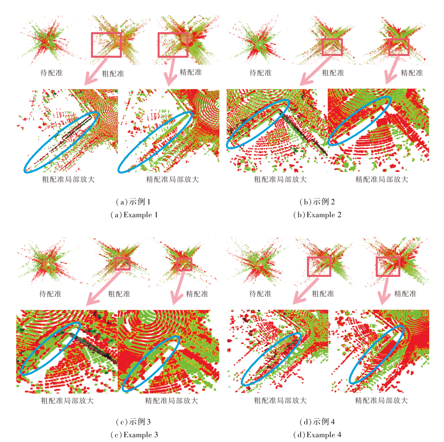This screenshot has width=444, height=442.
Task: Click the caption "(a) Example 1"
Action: pos(134,215)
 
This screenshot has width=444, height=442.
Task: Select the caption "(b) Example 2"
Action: pos(317,215)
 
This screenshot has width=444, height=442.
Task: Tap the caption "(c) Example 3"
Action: pos(134,435)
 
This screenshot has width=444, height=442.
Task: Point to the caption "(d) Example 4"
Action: pos(317,435)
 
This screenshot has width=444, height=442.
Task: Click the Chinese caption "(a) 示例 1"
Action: pos(133,202)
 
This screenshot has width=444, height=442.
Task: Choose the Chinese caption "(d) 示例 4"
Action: pos(317,422)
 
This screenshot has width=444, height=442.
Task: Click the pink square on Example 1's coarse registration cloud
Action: pos(106,45)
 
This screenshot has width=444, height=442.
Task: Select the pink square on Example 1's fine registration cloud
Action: pos(173,45)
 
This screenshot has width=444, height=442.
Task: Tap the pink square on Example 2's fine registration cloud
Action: pos(399,47)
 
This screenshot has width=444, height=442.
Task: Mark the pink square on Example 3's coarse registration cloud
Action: pos(122,263)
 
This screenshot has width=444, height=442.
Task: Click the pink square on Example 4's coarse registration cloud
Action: pos(319,266)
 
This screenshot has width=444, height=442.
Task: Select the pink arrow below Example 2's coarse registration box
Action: pos(315,71)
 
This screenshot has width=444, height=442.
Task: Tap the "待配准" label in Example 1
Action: pos(51,73)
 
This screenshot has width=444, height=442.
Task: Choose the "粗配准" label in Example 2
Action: pos(333,73)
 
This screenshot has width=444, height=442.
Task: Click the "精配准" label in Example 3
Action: pos(197,294)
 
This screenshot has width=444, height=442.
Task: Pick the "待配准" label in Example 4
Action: pos(260,294)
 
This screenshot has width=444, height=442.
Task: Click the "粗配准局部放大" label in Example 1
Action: pos(68,179)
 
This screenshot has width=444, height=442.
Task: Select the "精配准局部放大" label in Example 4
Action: pos(381,400)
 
